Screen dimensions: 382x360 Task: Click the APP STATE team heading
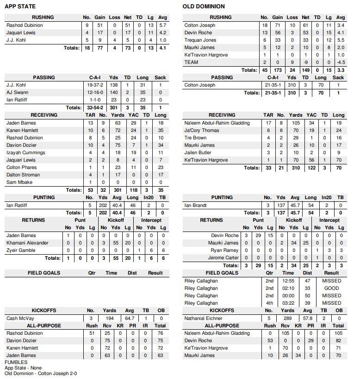[x=20, y=6]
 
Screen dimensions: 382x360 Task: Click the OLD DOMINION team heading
[x=204, y=6]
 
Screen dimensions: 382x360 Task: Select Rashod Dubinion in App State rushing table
[x=25, y=25]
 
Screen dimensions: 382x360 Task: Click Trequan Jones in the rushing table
[x=200, y=40]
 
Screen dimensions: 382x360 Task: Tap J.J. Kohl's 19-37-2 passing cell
[x=96, y=85]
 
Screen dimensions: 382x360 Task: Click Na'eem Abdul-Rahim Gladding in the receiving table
[x=217, y=123]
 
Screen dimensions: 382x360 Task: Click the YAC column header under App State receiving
[x=134, y=115]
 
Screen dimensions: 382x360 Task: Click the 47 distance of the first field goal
[x=307, y=281]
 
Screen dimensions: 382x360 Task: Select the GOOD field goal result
[x=332, y=288]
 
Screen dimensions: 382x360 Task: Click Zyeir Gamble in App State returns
[x=21, y=250]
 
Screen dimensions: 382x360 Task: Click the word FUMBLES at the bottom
[x=16, y=363]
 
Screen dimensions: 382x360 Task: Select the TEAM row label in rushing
[x=192, y=62]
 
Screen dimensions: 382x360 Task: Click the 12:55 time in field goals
[x=288, y=281]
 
